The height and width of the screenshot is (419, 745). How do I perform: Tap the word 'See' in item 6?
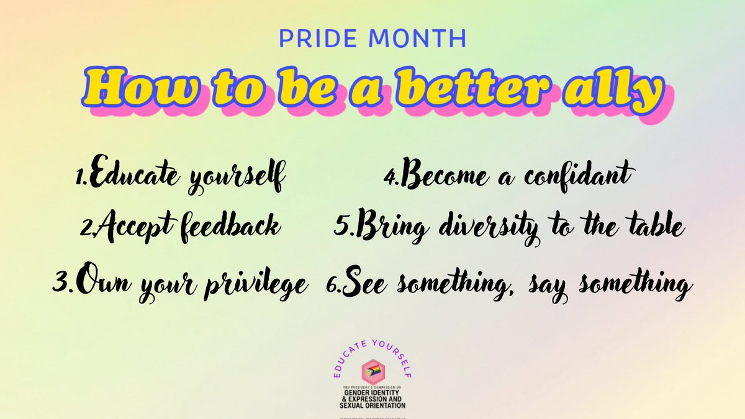[367, 285]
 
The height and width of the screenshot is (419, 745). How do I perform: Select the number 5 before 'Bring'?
[341, 228]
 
